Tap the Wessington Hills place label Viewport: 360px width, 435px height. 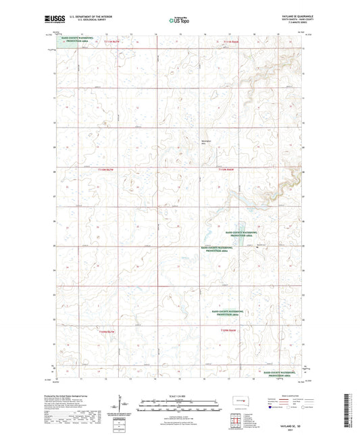[207, 141]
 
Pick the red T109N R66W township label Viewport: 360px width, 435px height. [230, 330]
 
